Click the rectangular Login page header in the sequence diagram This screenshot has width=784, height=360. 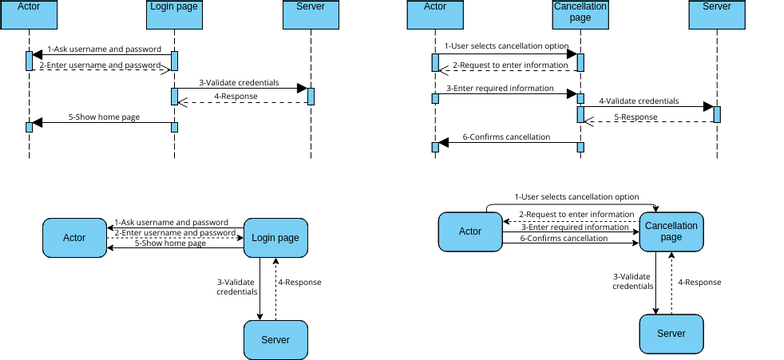[174, 7]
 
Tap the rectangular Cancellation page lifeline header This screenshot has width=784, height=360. [580, 11]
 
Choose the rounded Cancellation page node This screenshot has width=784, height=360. [671, 232]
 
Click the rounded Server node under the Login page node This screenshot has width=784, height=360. [275, 340]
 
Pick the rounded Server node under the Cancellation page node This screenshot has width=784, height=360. [671, 332]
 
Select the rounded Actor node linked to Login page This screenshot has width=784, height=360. [74, 237]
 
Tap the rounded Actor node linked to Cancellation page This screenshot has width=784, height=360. [470, 232]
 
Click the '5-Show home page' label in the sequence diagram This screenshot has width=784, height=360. [104, 117]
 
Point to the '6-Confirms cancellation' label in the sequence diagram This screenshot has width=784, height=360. [507, 137]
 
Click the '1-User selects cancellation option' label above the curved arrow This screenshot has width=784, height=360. [576, 197]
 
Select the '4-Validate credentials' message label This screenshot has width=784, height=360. [639, 101]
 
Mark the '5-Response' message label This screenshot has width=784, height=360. [636, 117]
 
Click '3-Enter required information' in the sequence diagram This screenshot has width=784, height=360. [500, 88]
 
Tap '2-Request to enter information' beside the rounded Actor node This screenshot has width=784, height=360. [576, 214]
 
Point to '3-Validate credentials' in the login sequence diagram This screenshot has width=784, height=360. [239, 82]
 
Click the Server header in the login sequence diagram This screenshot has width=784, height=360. [311, 7]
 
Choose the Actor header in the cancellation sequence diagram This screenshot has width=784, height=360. [435, 7]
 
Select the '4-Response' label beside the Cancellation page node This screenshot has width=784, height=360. [700, 282]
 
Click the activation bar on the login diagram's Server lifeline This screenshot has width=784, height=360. [311, 96]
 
